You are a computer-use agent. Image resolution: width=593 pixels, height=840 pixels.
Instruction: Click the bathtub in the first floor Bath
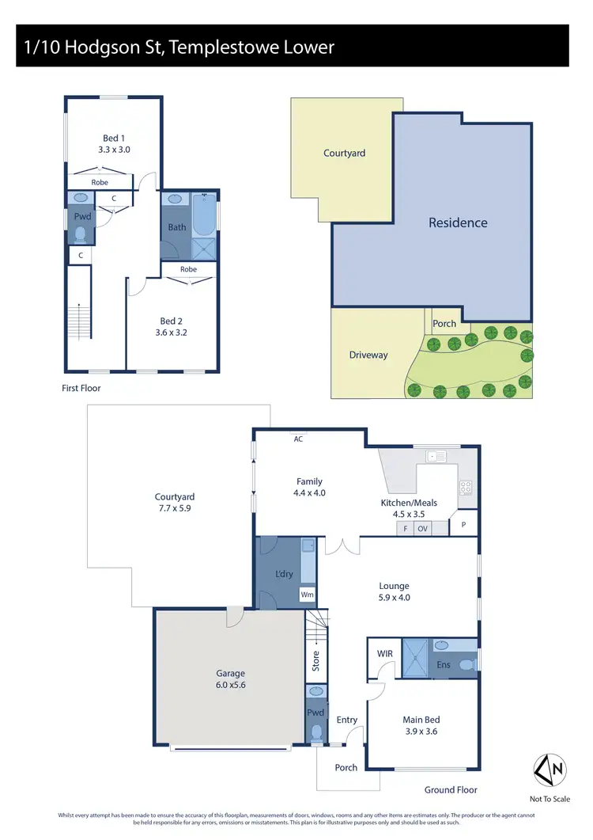pyautogui.click(x=205, y=215)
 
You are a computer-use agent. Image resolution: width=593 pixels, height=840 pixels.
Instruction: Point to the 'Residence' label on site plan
pyautogui.click(x=458, y=222)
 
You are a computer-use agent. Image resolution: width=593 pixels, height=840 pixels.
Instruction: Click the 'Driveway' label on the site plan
pyautogui.click(x=368, y=355)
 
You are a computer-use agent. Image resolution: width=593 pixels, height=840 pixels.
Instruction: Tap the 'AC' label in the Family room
pyautogui.click(x=298, y=439)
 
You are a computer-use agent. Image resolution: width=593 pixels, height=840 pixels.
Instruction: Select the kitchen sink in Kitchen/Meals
pyautogui.click(x=435, y=456)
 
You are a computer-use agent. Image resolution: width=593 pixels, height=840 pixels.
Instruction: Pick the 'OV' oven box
pyautogui.click(x=422, y=528)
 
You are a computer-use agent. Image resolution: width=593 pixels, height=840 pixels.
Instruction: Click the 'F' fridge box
pyautogui.click(x=406, y=528)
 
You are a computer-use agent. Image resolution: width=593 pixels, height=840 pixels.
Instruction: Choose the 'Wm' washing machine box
pyautogui.click(x=306, y=595)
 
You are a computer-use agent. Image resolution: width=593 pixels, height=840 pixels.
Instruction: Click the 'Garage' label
pyautogui.click(x=231, y=674)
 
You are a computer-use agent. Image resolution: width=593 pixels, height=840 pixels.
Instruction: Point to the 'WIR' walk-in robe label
pyautogui.click(x=384, y=654)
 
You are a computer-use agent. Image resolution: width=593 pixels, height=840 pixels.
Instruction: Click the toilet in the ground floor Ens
pyautogui.click(x=469, y=663)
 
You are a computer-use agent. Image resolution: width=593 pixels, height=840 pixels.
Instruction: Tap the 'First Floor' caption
pyautogui.click(x=81, y=388)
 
